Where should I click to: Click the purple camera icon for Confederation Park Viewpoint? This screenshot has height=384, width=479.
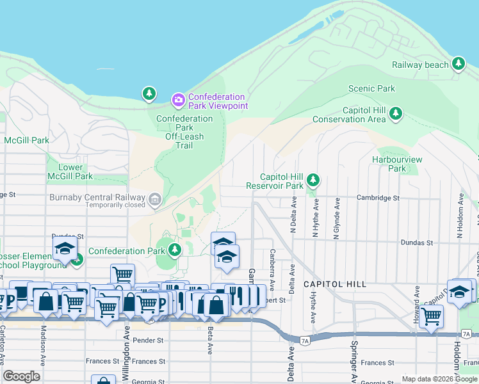coord(178,100)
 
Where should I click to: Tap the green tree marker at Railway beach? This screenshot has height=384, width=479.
coord(458,63)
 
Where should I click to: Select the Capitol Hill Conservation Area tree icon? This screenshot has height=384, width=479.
coord(396,114)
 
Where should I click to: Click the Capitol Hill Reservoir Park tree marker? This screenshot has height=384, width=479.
coord(313,180)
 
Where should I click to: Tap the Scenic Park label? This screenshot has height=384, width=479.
coord(371,88)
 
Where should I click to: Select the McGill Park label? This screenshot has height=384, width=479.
coord(26,140)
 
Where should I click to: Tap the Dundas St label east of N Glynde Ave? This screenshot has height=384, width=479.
coord(417,243)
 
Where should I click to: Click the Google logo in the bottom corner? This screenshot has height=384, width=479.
coord(21,376)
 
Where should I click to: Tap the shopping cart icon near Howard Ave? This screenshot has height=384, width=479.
coord(432,316)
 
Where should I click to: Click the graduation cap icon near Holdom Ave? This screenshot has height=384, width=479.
coord(459,291)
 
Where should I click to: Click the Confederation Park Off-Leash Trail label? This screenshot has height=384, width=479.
coord(184,132)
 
